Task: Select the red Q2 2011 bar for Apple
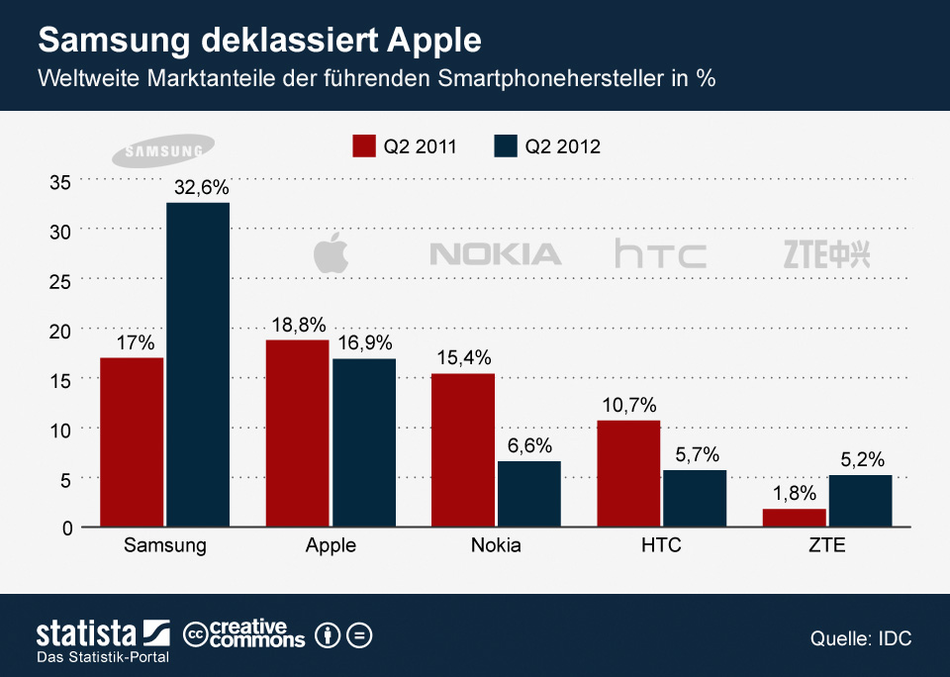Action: click(297, 434)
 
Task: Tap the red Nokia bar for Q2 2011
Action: click(462, 450)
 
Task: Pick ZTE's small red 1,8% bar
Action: click(794, 518)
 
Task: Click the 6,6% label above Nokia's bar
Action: click(529, 446)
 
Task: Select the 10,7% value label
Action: click(627, 405)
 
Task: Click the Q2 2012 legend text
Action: click(562, 146)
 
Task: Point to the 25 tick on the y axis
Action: click(61, 280)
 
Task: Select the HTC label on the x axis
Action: click(661, 546)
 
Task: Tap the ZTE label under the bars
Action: click(826, 546)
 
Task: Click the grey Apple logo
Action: click(332, 254)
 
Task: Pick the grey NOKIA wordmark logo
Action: click(496, 254)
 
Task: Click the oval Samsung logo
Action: click(158, 151)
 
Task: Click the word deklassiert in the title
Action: click(283, 42)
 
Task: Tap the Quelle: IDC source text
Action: click(860, 639)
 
